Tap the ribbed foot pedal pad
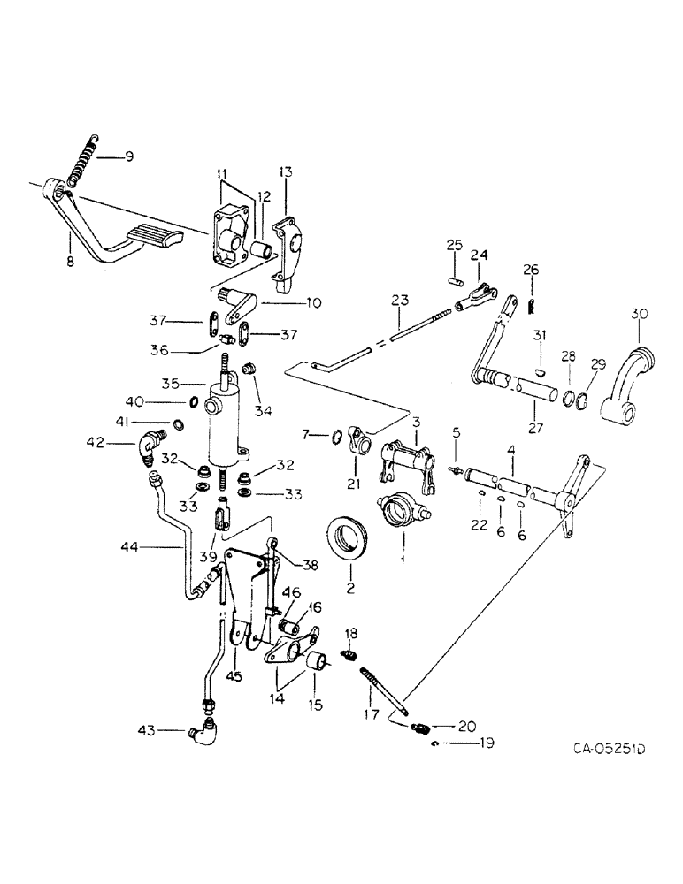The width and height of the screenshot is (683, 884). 153,236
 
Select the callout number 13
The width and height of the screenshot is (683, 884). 285,171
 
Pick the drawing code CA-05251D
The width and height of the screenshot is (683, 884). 597,750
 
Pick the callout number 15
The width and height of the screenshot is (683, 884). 315,705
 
